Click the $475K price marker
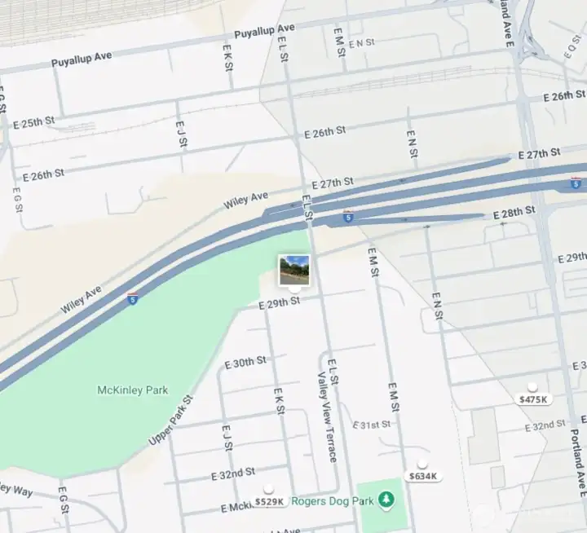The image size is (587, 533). pos(534,399)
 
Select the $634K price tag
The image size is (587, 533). pos(423,476)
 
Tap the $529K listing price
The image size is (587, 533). pos(269,501)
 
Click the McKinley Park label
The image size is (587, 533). pos(132,390)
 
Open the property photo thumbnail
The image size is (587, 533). pos(294,270)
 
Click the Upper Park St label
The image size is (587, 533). pos(170,421)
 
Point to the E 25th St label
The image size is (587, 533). pos(34,123)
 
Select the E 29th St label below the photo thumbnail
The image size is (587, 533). pos(279,302)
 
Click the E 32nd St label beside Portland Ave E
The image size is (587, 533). pos(545,426)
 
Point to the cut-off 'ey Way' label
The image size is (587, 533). pos(16,490)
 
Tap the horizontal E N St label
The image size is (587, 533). pos(361,42)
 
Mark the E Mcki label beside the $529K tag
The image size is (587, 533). pos(235,508)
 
